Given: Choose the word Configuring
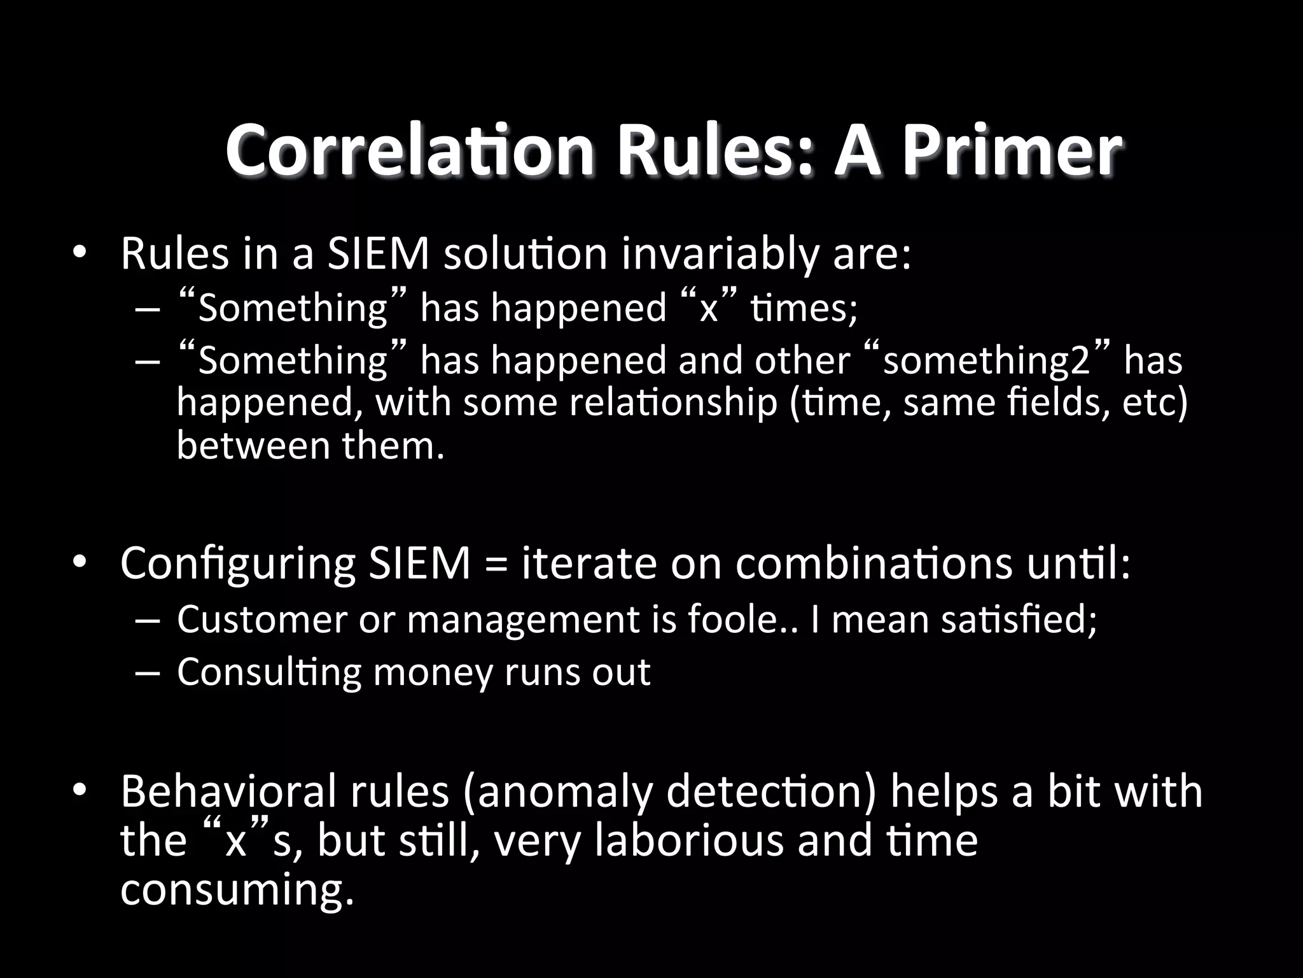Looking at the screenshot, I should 238,564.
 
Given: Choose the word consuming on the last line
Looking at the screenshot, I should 236,889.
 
